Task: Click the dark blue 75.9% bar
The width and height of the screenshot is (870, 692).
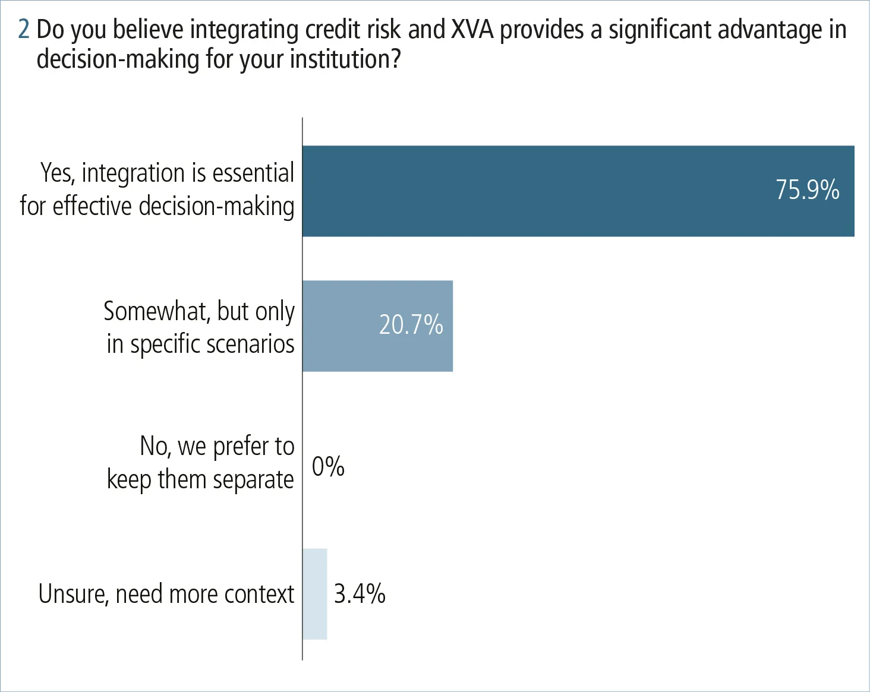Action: [x=535, y=191]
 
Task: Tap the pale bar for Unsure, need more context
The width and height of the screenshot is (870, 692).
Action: [x=314, y=593]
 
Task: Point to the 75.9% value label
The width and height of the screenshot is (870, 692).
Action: [x=807, y=190]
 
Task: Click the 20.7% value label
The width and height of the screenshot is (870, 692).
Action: [x=411, y=325]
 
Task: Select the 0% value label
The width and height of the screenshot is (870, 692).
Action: [x=328, y=466]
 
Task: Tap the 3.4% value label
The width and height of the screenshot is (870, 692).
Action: [x=360, y=593]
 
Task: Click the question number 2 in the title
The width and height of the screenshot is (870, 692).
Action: [x=24, y=29]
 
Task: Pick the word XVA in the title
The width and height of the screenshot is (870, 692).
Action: [x=472, y=29]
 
